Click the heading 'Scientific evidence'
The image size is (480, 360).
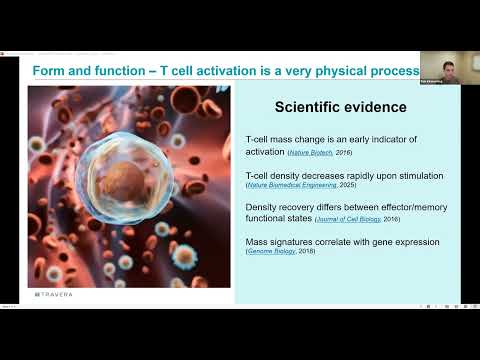[x=339, y=108]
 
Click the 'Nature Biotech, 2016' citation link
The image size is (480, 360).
[x=319, y=152]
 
